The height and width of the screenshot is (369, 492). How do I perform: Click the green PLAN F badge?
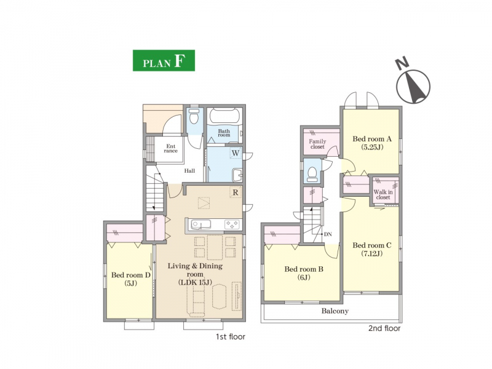(x=164, y=60)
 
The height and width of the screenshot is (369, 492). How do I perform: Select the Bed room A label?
(x=372, y=143)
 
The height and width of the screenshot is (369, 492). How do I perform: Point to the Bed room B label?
(x=304, y=273)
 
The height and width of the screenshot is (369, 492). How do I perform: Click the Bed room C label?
(x=372, y=249)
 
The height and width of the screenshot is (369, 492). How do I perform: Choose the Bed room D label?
(x=131, y=279)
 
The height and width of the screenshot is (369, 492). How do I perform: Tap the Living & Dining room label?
(x=195, y=274)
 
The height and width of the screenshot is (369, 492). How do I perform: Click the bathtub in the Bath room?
(x=224, y=116)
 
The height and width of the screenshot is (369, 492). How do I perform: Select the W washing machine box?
(x=236, y=153)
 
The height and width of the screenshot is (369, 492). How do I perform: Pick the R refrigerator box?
(x=236, y=192)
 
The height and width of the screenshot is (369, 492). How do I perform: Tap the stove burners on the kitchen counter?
(x=232, y=224)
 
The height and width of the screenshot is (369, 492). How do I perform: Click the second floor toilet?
(x=312, y=175)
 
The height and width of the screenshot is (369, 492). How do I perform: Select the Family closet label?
(x=317, y=144)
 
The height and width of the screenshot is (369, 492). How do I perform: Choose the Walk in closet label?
(x=383, y=194)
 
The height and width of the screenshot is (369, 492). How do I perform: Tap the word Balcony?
(x=335, y=311)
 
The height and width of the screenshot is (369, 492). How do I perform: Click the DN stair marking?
(x=328, y=234)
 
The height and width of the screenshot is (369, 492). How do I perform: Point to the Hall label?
(x=189, y=171)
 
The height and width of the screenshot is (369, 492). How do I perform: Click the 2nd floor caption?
(x=384, y=328)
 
